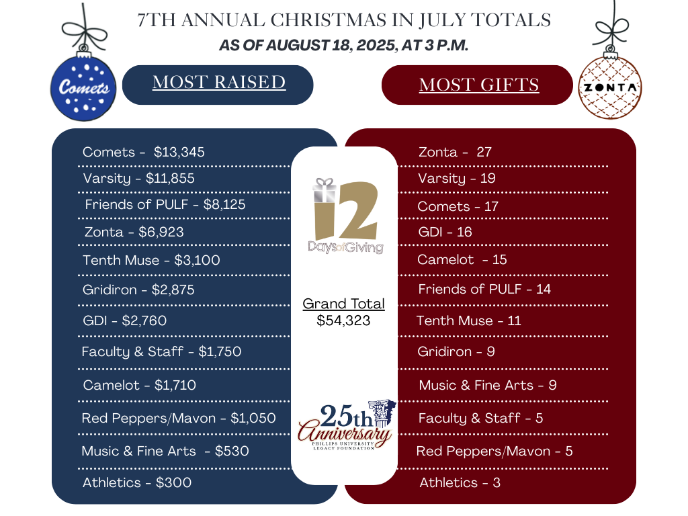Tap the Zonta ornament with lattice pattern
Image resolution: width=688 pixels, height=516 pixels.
[611, 88]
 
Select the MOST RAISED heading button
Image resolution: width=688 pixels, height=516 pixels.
[218, 83]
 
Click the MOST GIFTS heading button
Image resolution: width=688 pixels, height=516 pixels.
[478, 85]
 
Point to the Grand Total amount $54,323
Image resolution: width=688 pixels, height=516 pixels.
[343, 320]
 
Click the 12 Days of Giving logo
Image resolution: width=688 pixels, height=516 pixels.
[345, 215]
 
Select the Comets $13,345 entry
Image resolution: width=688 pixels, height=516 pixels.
[144, 152]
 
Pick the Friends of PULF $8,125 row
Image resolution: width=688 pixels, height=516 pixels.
[165, 204]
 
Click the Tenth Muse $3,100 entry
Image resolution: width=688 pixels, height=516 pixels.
[151, 259]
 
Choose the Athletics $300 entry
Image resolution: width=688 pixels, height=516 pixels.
[137, 482]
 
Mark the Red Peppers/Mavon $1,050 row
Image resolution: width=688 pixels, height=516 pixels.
[179, 418]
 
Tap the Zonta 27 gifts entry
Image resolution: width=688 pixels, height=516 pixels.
[455, 152]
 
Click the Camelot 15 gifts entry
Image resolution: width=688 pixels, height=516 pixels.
[462, 259]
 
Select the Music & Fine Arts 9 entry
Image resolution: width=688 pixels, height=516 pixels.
[488, 385]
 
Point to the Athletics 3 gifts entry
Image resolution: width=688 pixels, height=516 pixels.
[460, 482]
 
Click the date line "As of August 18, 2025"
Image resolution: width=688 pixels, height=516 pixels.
[344, 46]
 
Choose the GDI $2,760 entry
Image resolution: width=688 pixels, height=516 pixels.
[124, 320]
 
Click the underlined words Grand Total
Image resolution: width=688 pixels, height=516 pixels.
[343, 304]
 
